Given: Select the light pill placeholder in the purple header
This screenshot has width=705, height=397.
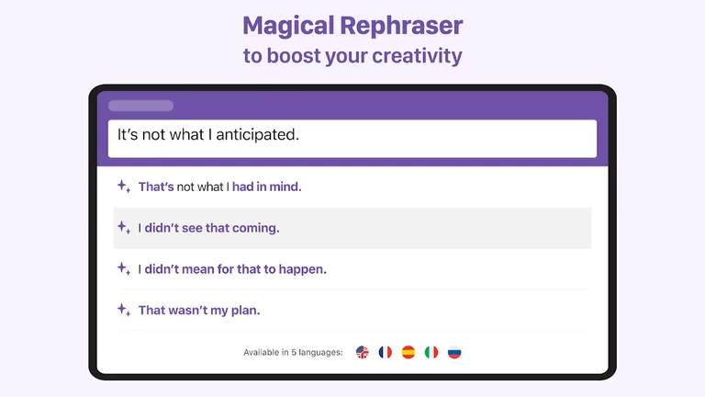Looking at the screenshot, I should [x=140, y=106].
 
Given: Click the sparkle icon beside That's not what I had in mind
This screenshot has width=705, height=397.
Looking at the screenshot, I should [x=123, y=187].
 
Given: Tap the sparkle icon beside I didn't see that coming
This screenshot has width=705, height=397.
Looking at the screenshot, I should [x=123, y=228].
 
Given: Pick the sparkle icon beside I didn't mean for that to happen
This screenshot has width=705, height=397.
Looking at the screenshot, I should [x=123, y=269].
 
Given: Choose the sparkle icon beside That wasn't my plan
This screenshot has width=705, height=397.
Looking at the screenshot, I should [x=123, y=310].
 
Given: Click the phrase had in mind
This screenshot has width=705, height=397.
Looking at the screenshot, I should [x=266, y=187].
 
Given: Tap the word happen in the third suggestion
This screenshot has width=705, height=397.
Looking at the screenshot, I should [x=303, y=269].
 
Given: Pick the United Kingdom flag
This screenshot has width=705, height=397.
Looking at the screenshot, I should [x=363, y=352].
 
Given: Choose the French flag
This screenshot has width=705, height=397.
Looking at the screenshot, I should [x=386, y=352].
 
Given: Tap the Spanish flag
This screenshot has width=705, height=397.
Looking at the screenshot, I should [x=408, y=352].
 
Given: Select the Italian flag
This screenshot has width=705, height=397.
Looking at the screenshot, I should [x=431, y=352].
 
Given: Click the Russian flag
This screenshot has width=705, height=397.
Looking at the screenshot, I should [x=454, y=352].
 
